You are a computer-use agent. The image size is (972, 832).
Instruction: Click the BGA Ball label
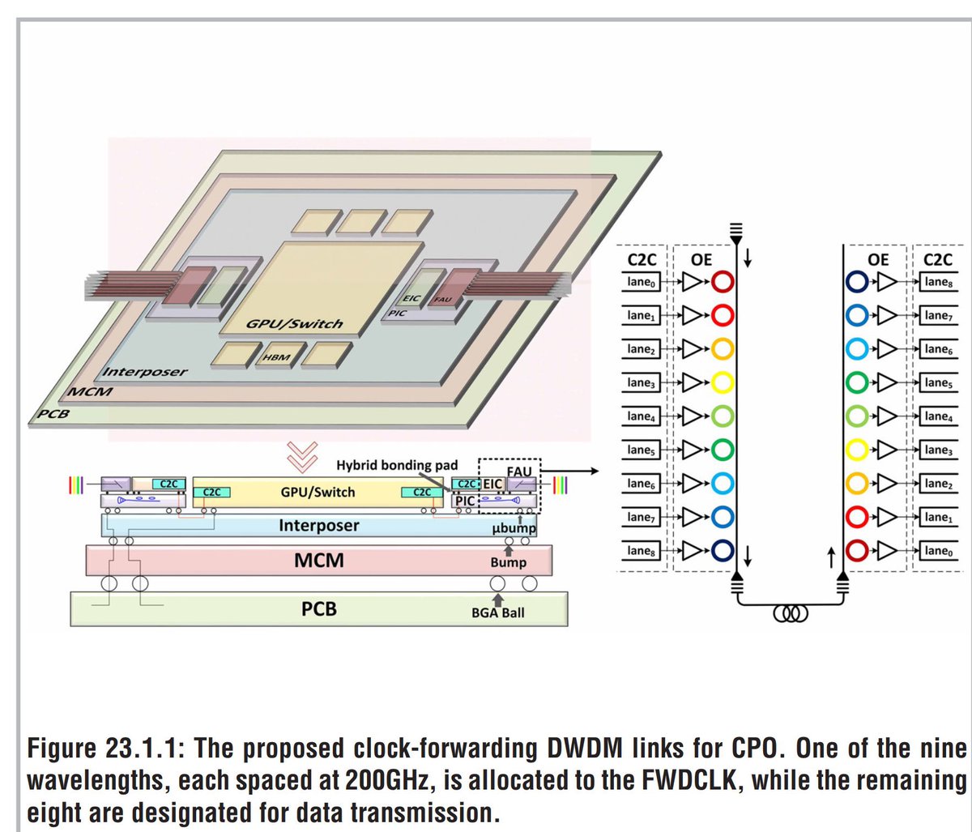click(497, 612)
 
